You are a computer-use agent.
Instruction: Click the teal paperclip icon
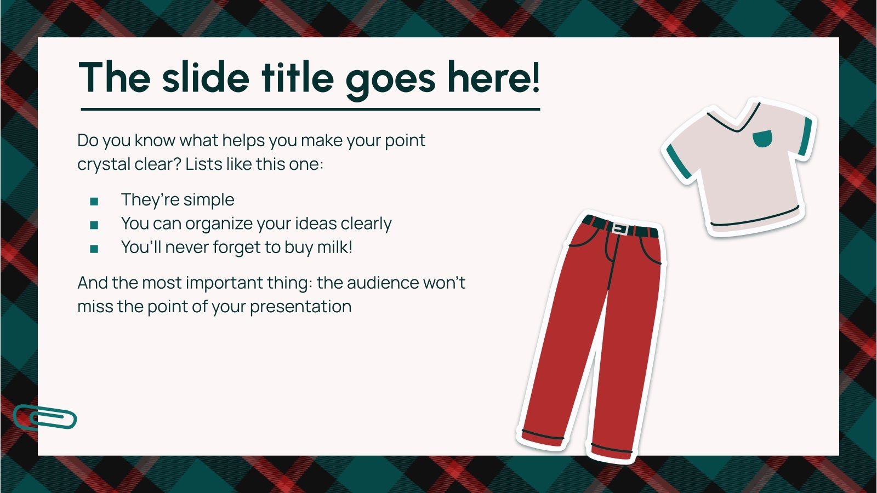coord(45,418)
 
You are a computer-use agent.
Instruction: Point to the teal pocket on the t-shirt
coord(761,138)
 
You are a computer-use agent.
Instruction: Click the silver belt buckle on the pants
coord(620,228)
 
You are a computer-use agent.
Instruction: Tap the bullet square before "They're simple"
coord(94,202)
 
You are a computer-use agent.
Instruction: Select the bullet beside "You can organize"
coord(94,225)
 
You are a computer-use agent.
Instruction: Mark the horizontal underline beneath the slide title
coord(310,110)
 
